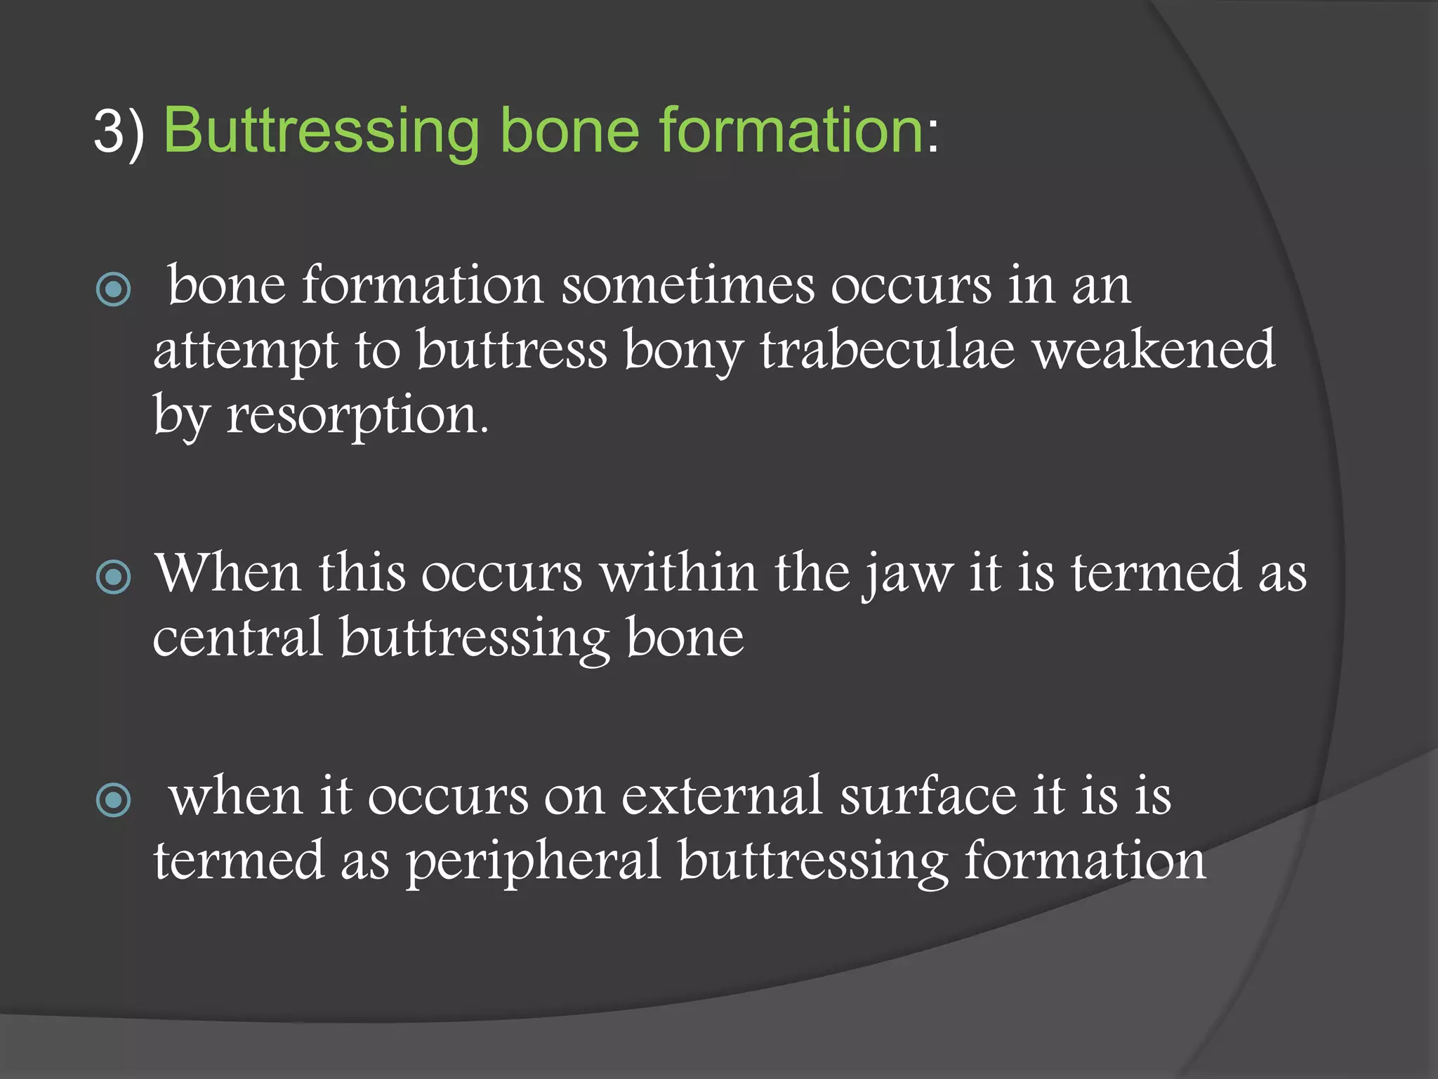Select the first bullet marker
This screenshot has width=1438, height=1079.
[113, 289]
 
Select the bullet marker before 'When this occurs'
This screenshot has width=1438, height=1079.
[113, 577]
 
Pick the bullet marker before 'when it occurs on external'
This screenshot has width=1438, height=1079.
[113, 799]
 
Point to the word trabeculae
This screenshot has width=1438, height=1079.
[888, 350]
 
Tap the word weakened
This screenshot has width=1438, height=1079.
[1154, 350]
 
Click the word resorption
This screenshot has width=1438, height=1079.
[356, 416]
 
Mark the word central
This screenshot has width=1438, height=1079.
[237, 638]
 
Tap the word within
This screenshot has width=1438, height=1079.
[678, 573]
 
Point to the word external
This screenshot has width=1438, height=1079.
[721, 796]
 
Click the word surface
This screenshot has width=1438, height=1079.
[928, 796]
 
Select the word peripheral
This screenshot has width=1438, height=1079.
[534, 861]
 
